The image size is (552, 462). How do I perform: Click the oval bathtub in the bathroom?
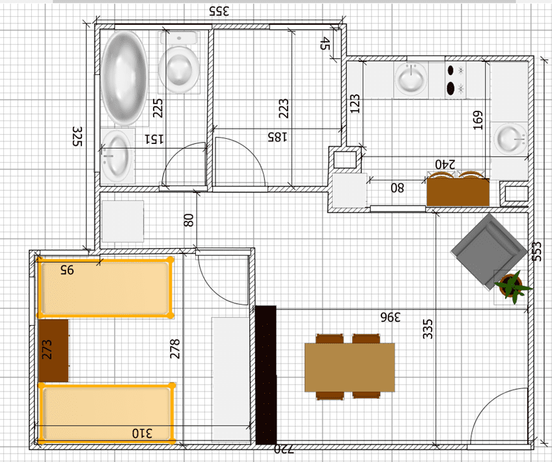pos(124,78)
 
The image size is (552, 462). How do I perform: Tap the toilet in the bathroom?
pos(179,63)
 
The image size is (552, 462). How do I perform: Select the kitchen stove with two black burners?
pos(456,80)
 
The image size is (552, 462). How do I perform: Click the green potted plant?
pos(512,286)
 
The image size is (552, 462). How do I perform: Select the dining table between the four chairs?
pos(350,368)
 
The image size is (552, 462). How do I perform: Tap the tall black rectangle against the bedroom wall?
pos(266,375)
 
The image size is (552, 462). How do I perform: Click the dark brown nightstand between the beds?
pos(53,351)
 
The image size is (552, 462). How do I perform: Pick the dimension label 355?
pos(219,11)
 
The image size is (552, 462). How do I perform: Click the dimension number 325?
pos(77,136)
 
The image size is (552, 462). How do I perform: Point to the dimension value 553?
pos(536,252)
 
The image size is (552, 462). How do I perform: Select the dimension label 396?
pos(391,317)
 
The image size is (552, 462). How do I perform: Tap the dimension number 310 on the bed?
pos(142,433)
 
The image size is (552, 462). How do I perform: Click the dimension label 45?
pos(325,44)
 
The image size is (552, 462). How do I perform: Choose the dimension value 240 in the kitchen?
pos(445,164)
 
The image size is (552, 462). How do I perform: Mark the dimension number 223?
pos(283,109)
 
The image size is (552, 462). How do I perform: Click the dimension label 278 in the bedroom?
pos(174,349)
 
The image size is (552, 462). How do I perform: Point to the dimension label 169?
pos(477,120)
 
